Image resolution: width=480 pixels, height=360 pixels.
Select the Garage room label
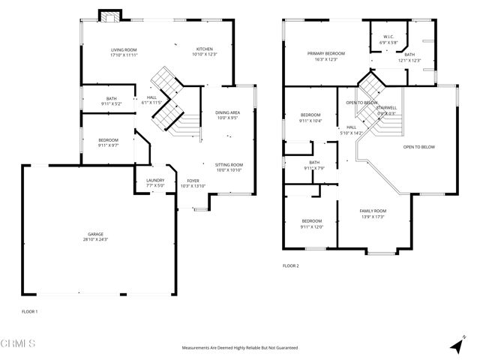(95, 236)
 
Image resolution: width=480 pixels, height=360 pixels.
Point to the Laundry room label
(155, 182)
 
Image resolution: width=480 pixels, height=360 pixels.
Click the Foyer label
(193, 183)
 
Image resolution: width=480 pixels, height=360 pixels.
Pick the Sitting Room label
(229, 167)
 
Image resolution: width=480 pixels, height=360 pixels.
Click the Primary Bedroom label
(326, 56)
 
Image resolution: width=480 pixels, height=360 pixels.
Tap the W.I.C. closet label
(388, 39)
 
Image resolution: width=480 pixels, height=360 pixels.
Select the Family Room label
(372, 214)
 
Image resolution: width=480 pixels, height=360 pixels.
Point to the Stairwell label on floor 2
(387, 110)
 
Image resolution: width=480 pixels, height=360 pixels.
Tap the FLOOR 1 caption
(29, 311)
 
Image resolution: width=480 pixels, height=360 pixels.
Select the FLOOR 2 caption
(291, 266)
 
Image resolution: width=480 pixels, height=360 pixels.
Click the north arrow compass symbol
(455, 346)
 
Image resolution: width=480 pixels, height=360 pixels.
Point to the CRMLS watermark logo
(18, 344)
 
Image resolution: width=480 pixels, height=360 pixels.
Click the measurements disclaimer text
(240, 348)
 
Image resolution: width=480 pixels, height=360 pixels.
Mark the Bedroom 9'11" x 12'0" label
(312, 223)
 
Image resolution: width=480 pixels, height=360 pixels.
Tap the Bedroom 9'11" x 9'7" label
(109, 142)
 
